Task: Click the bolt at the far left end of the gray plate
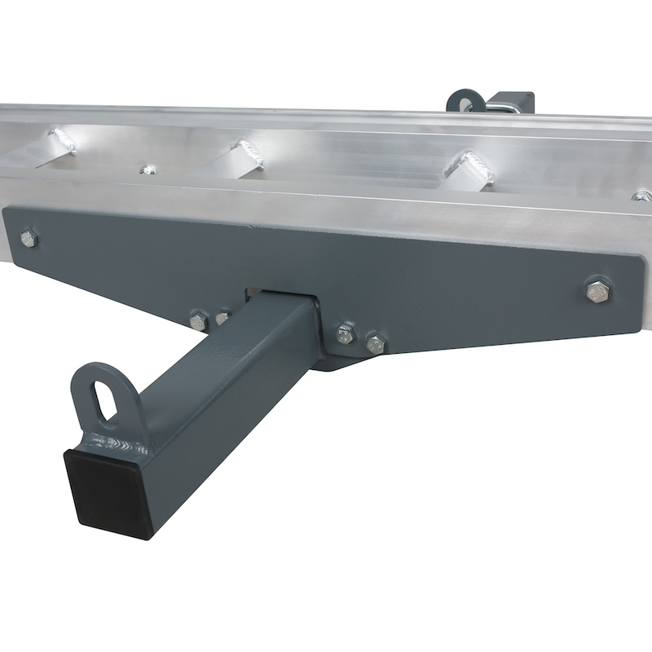[x=29, y=239]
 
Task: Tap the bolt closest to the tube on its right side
[x=346, y=332]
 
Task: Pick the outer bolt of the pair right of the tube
[x=375, y=342]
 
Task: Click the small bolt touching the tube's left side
[x=222, y=318]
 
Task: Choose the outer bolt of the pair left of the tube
[x=198, y=319]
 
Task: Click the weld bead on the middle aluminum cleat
[x=247, y=153]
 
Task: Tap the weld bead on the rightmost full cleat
[x=476, y=168]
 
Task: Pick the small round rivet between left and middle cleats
[x=147, y=170]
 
